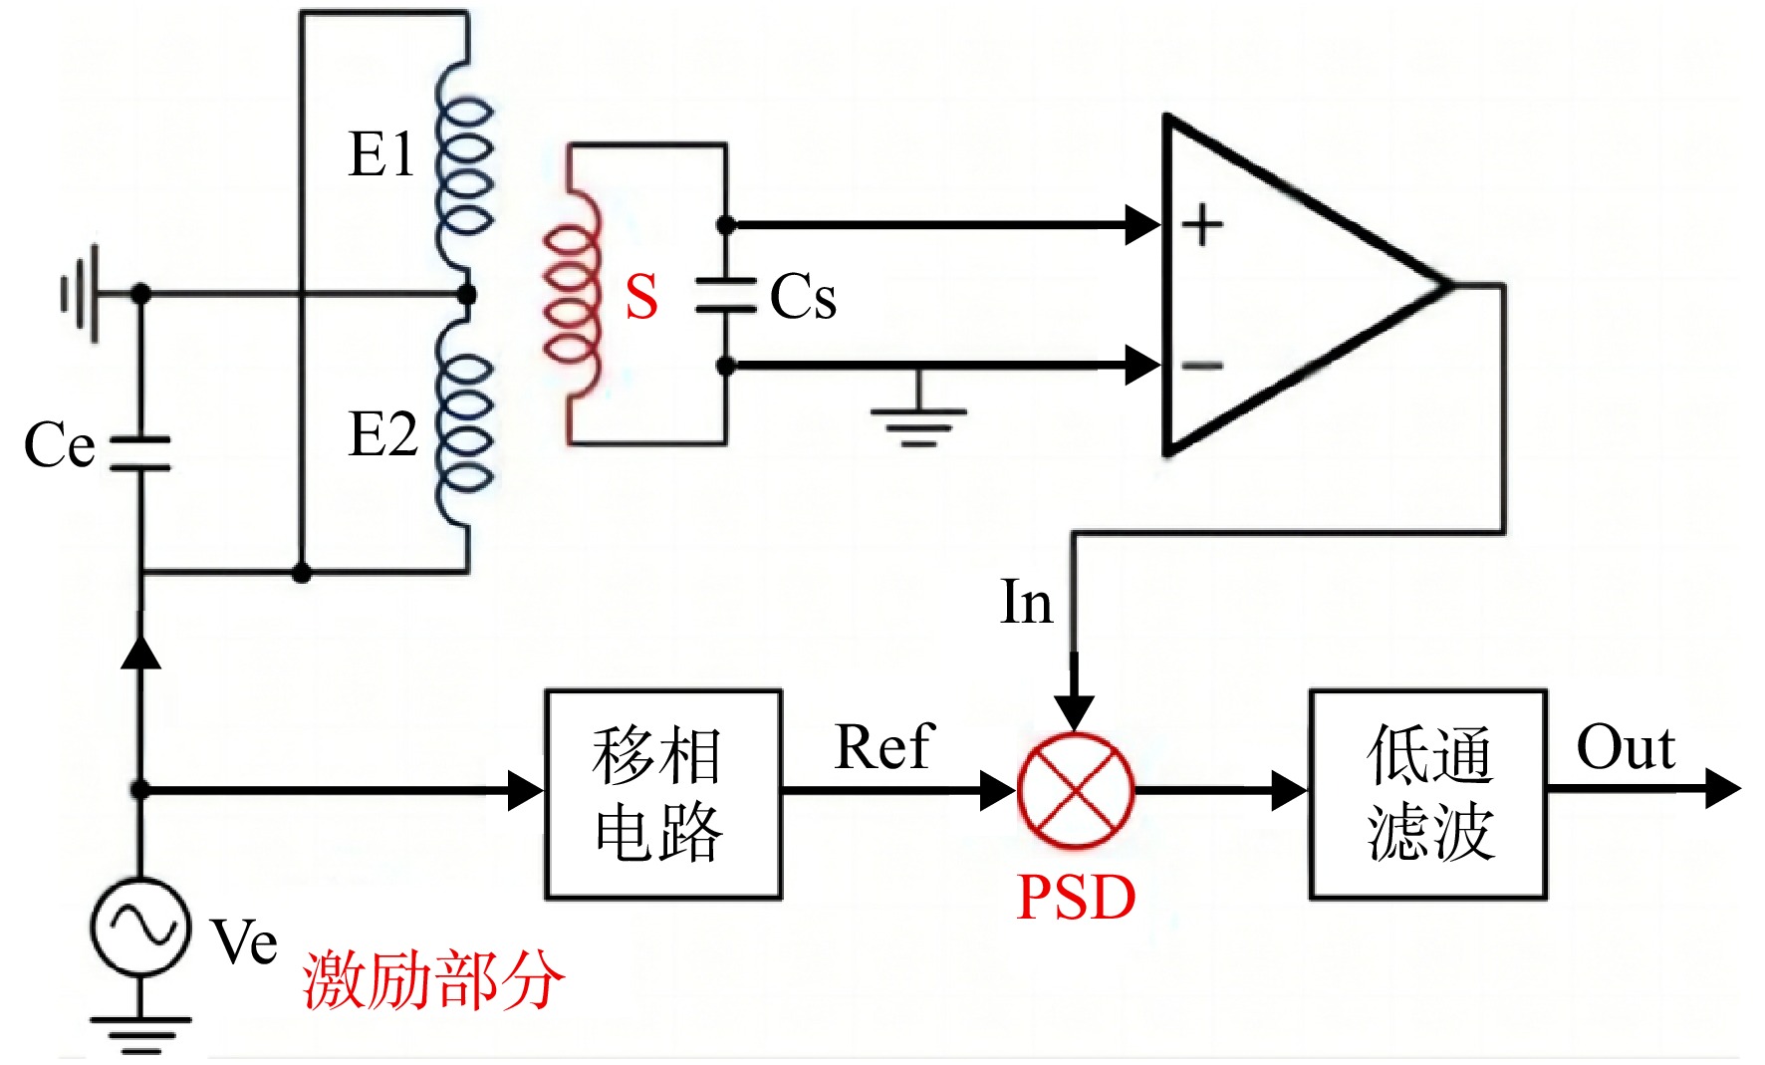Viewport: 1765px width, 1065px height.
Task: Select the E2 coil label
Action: click(382, 434)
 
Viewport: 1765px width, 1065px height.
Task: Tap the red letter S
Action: click(642, 297)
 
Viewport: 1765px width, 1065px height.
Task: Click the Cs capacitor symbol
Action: click(726, 296)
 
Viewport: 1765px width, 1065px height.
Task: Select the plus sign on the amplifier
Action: click(1202, 224)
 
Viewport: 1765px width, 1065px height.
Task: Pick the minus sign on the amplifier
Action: click(1202, 367)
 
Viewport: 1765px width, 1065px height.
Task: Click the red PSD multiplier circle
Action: click(1075, 791)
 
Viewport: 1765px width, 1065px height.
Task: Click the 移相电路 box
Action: click(663, 794)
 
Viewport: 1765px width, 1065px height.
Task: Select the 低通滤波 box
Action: click(1428, 794)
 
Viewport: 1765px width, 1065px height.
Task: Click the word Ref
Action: click(883, 747)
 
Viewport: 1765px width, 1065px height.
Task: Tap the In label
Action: click(1026, 603)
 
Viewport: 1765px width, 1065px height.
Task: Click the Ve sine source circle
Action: click(140, 927)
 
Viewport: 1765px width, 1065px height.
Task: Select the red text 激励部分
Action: click(433, 981)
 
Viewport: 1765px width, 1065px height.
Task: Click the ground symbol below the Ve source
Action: click(140, 1034)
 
